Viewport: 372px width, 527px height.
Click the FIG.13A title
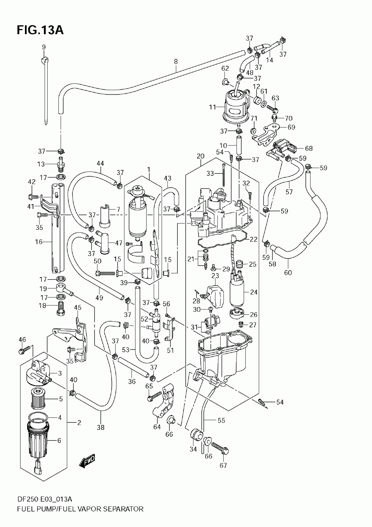(x=40, y=30)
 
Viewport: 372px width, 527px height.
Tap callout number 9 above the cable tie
(x=44, y=47)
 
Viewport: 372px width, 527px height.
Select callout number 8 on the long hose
(x=176, y=62)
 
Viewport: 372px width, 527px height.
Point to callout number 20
(x=201, y=156)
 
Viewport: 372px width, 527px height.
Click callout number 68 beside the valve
(x=309, y=148)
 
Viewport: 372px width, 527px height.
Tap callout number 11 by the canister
(x=212, y=107)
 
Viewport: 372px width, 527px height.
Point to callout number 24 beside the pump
(x=254, y=292)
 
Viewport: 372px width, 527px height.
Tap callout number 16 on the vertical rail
(x=39, y=242)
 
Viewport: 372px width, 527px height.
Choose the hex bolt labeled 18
(x=61, y=308)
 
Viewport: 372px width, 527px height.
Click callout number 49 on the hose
(x=99, y=298)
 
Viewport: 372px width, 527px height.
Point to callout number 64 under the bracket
(x=157, y=427)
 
